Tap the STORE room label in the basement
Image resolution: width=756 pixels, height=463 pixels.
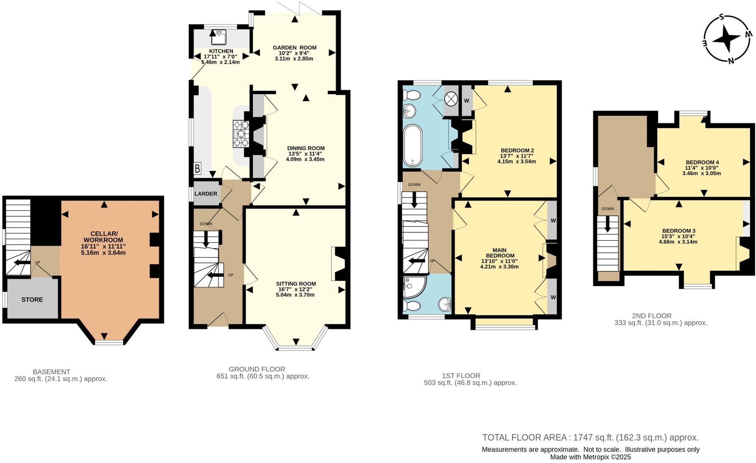tap(32, 300)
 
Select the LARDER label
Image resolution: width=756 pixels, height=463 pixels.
tap(206, 194)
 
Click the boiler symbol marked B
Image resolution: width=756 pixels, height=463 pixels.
tap(197, 169)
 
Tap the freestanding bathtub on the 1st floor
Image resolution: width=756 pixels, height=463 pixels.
tap(413, 145)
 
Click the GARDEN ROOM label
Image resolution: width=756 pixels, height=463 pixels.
tap(295, 48)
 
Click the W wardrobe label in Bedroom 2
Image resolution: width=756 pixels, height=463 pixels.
tap(466, 101)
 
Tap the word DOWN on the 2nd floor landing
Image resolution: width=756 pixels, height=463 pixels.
tap(607, 209)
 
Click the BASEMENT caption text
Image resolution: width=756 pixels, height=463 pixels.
tap(51, 372)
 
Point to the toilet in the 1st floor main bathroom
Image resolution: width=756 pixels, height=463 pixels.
tap(411, 96)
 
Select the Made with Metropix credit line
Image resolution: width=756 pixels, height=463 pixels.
tap(590, 457)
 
